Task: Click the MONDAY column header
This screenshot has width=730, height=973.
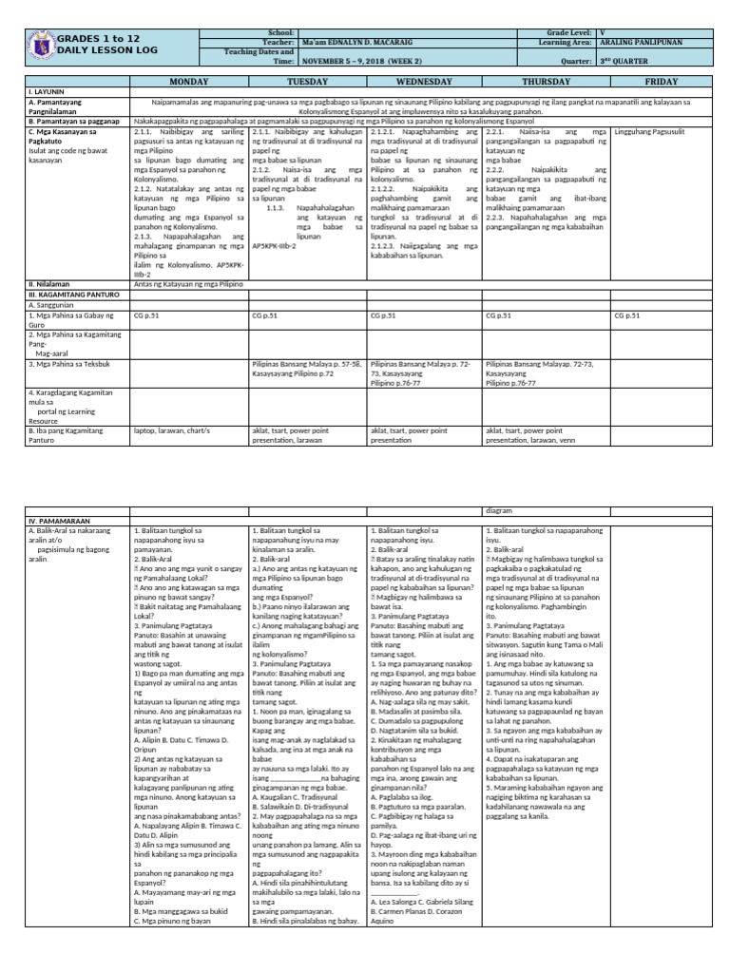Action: (x=188, y=83)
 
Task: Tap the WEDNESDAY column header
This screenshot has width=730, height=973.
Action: (x=425, y=83)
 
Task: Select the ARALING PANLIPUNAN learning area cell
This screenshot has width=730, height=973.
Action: (x=638, y=43)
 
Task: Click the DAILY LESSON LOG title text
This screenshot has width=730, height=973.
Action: (x=98, y=49)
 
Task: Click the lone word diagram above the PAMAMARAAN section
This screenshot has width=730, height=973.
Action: (x=499, y=510)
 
